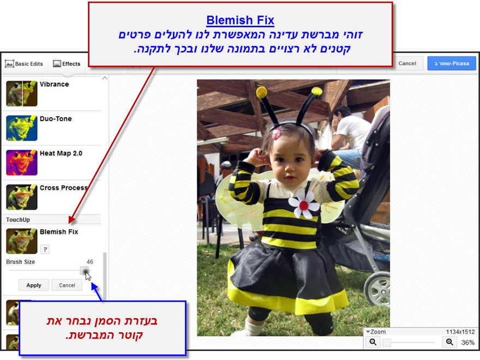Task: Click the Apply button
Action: tap(34, 285)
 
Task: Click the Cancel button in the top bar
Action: tap(407, 63)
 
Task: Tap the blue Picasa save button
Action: tap(451, 63)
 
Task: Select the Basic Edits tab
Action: tap(24, 64)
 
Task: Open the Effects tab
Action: tap(67, 64)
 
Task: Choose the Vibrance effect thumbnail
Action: tap(22, 93)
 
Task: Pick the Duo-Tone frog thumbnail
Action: tap(22, 128)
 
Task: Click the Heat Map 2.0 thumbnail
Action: tap(22, 163)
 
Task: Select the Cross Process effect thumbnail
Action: tap(22, 197)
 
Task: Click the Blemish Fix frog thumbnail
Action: tap(22, 241)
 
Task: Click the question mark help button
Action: tap(45, 249)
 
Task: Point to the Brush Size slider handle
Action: tap(85, 271)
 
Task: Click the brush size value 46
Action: tap(90, 262)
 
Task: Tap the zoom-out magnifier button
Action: tap(374, 342)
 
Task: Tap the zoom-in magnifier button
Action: tap(449, 342)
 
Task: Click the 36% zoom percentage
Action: tap(467, 343)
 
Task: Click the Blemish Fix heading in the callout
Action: tap(240, 21)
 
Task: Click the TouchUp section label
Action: tap(18, 219)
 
